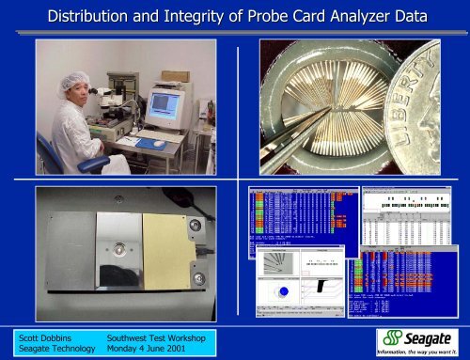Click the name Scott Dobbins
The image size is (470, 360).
pyautogui.click(x=43, y=336)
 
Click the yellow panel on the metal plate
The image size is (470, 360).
pyautogui.click(x=163, y=250)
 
